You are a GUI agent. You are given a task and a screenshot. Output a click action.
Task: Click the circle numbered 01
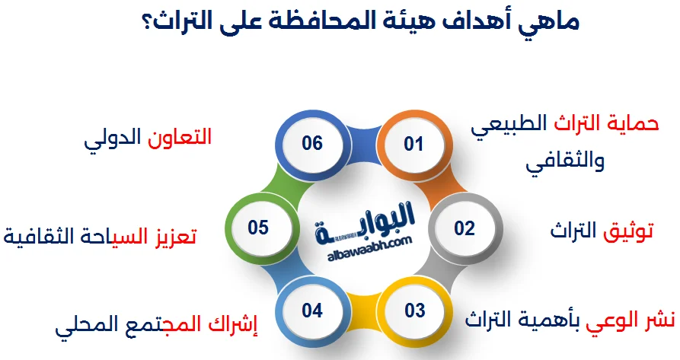click(x=413, y=144)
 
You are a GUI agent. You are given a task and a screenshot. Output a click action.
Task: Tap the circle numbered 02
click(x=465, y=228)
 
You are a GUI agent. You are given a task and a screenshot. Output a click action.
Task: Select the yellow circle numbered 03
click(x=414, y=311)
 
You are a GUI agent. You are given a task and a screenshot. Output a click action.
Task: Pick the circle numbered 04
click(x=312, y=311)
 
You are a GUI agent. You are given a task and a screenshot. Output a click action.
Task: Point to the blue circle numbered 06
click(x=312, y=144)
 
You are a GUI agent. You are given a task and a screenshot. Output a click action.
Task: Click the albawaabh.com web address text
click(x=370, y=249)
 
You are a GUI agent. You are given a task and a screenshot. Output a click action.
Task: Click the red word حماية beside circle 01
click(x=635, y=124)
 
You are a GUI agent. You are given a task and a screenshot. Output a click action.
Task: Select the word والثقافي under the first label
click(x=565, y=161)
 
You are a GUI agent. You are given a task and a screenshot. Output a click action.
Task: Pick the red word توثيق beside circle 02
click(x=628, y=231)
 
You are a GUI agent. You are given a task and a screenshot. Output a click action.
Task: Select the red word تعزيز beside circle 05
click(x=176, y=237)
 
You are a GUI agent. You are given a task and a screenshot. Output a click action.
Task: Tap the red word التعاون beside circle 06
click(x=180, y=137)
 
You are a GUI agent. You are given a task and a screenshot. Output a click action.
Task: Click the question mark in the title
click(x=147, y=23)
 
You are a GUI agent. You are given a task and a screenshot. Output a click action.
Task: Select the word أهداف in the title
click(x=477, y=21)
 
